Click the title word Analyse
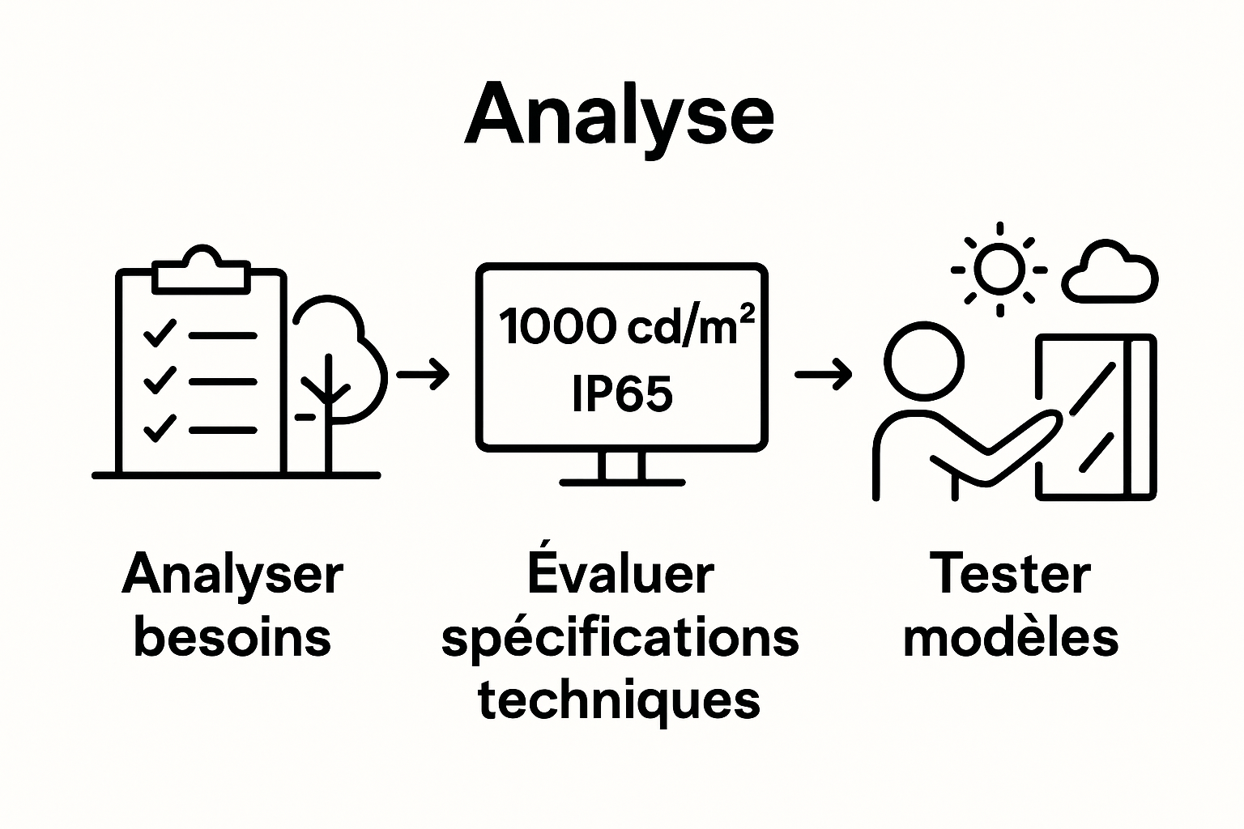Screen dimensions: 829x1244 tap(620, 115)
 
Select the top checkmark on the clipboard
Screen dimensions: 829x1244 tap(160, 333)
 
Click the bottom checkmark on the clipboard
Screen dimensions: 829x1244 tap(160, 427)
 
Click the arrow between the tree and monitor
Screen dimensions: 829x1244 tap(423, 374)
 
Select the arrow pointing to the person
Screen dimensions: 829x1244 tap(823, 374)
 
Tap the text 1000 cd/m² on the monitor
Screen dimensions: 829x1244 tap(626, 326)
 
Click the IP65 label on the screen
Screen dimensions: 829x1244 tap(622, 394)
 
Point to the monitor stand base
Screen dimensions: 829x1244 tap(622, 482)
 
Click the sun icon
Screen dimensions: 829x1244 tap(999, 269)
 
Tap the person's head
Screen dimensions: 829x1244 tap(924, 360)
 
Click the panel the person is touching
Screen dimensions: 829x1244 tap(1097, 417)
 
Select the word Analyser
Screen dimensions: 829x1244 tap(233, 575)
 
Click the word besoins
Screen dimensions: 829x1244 tap(233, 637)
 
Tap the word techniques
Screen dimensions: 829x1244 tap(620, 700)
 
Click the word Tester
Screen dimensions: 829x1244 tap(1010, 574)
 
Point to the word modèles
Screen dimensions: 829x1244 tap(1011, 637)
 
